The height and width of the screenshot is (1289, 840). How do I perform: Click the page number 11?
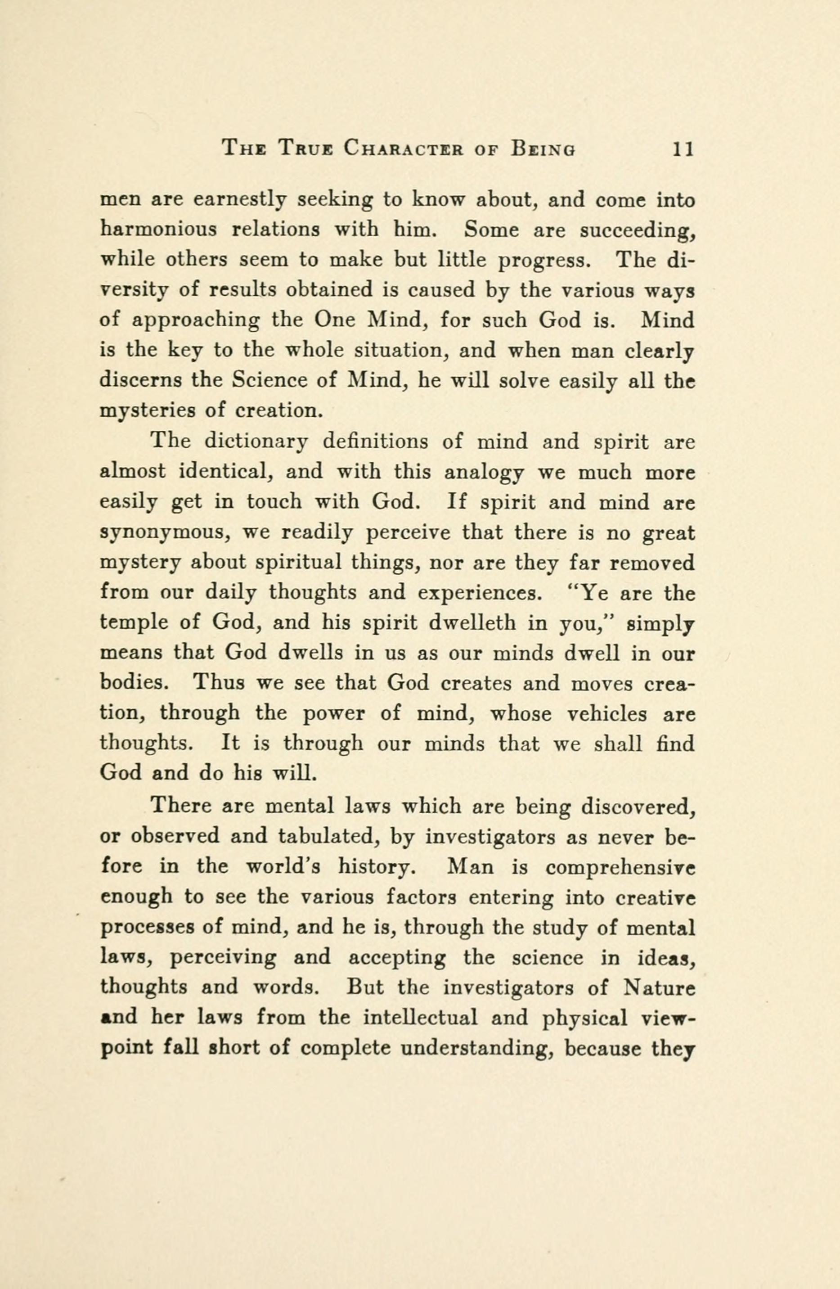(683, 149)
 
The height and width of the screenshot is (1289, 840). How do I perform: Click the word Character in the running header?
(403, 149)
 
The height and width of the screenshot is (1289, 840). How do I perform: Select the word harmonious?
(159, 230)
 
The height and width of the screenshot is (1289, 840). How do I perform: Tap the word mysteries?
(147, 411)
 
